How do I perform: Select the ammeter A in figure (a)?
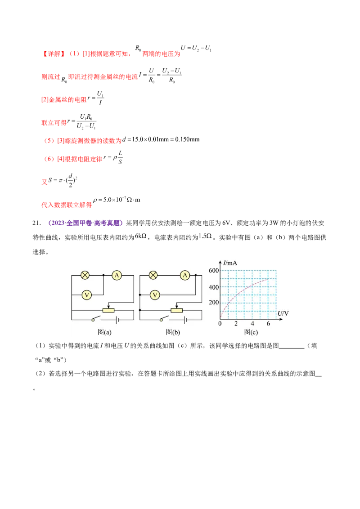tap(117, 275)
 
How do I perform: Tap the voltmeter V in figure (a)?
tap(87, 295)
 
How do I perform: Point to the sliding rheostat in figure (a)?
tap(109, 310)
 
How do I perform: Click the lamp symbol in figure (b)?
tap(154, 275)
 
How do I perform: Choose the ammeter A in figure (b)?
tap(184, 275)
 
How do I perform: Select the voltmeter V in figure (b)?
tap(155, 295)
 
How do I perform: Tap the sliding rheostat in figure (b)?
tap(176, 310)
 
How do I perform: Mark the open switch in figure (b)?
tap(162, 319)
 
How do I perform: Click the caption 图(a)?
tap(104, 332)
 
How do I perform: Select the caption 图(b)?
tap(173, 332)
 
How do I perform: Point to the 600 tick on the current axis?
tap(213, 270)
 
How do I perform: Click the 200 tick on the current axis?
tap(213, 303)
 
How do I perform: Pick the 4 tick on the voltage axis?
tap(252, 324)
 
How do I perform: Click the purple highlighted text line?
tap(85, 223)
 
